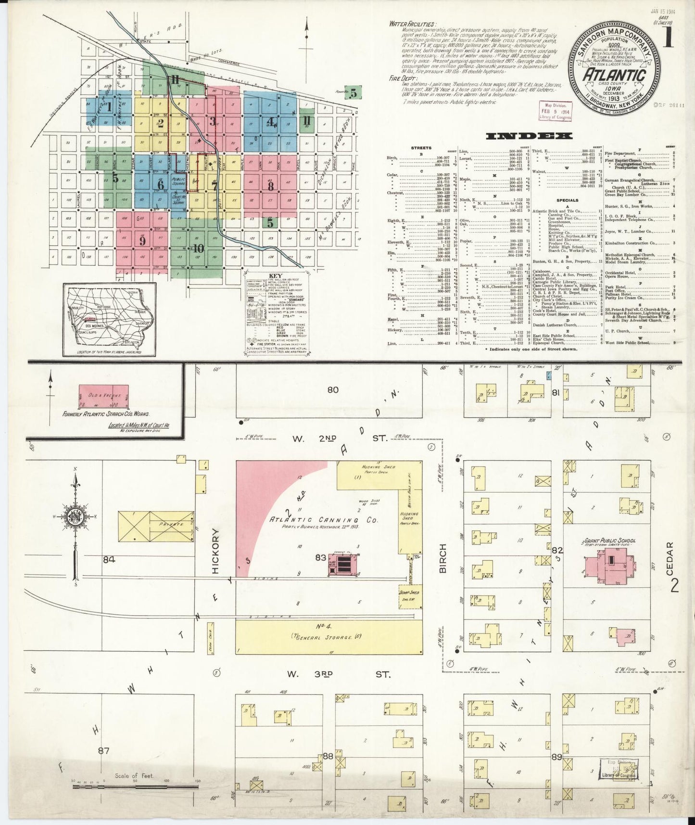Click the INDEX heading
(530, 136)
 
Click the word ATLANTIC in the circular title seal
(614, 76)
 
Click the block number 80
(333, 389)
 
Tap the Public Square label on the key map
(178, 182)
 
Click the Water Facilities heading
(413, 24)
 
